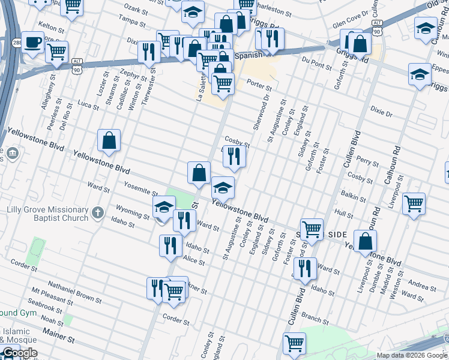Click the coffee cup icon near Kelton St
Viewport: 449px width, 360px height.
pyautogui.click(x=32, y=43)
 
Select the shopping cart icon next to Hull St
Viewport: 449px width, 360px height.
pyautogui.click(x=414, y=204)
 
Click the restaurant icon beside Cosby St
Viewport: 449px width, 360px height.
pyautogui.click(x=234, y=157)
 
